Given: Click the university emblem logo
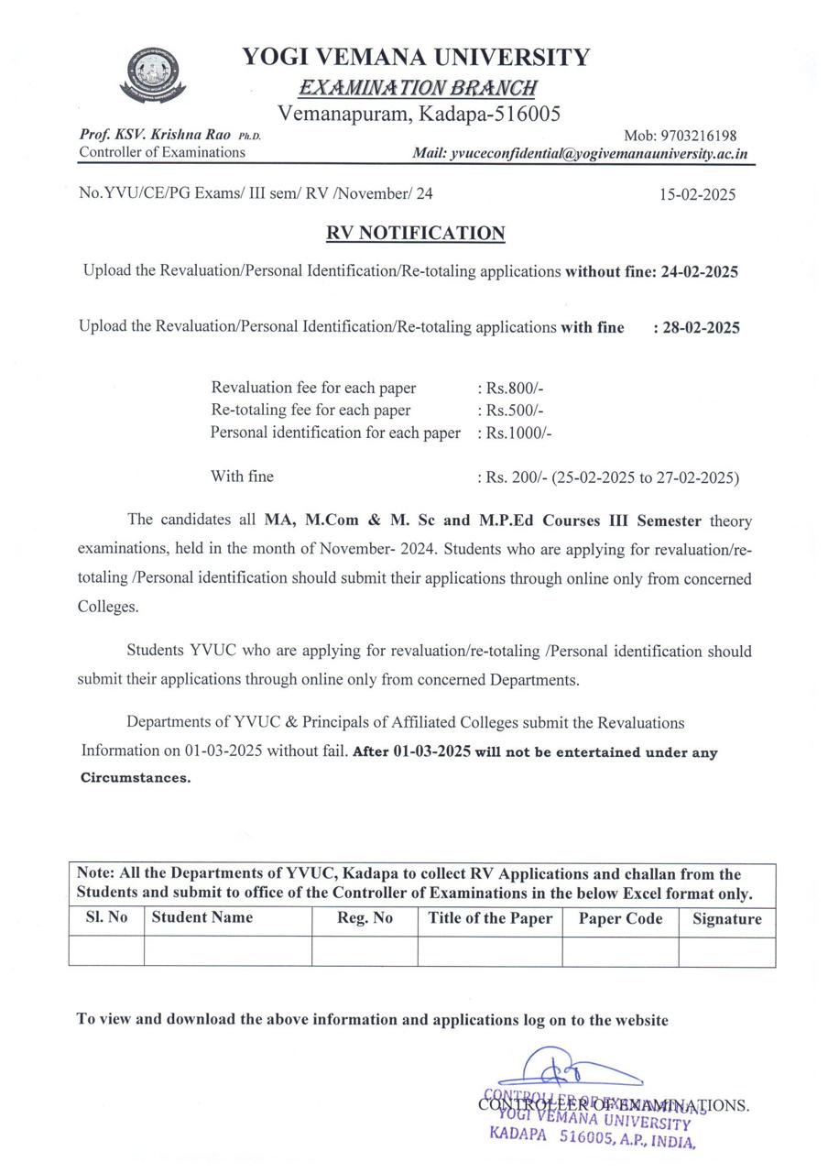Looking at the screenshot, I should (153, 75).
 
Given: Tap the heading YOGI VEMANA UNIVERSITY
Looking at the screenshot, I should (416, 58).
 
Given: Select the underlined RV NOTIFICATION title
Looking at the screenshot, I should (416, 234).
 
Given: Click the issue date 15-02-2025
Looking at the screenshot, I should (697, 194).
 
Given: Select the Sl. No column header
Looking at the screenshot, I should (106, 917).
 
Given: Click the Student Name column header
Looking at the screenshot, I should (202, 917).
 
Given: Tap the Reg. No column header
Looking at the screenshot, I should (365, 918).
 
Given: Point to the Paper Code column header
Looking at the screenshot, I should (620, 919).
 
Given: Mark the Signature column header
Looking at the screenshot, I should (726, 919).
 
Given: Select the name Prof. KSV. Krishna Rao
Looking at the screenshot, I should (155, 135).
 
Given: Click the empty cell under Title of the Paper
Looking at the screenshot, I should (490, 951).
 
